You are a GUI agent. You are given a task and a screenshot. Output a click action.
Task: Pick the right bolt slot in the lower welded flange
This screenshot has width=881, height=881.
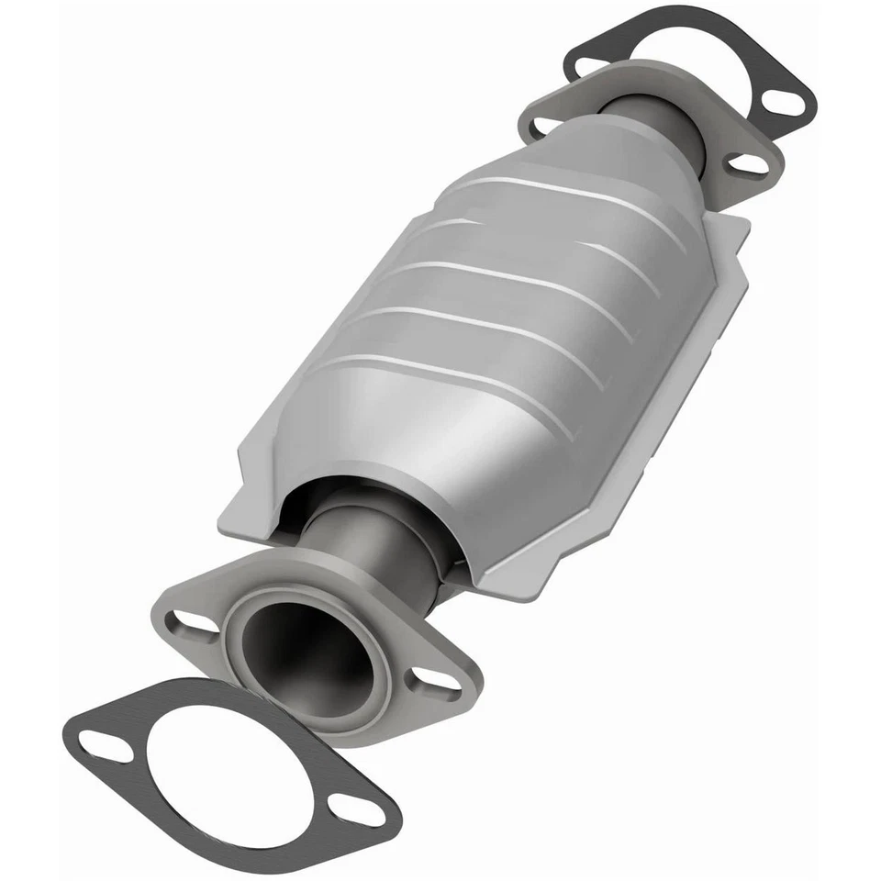click(x=431, y=680)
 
